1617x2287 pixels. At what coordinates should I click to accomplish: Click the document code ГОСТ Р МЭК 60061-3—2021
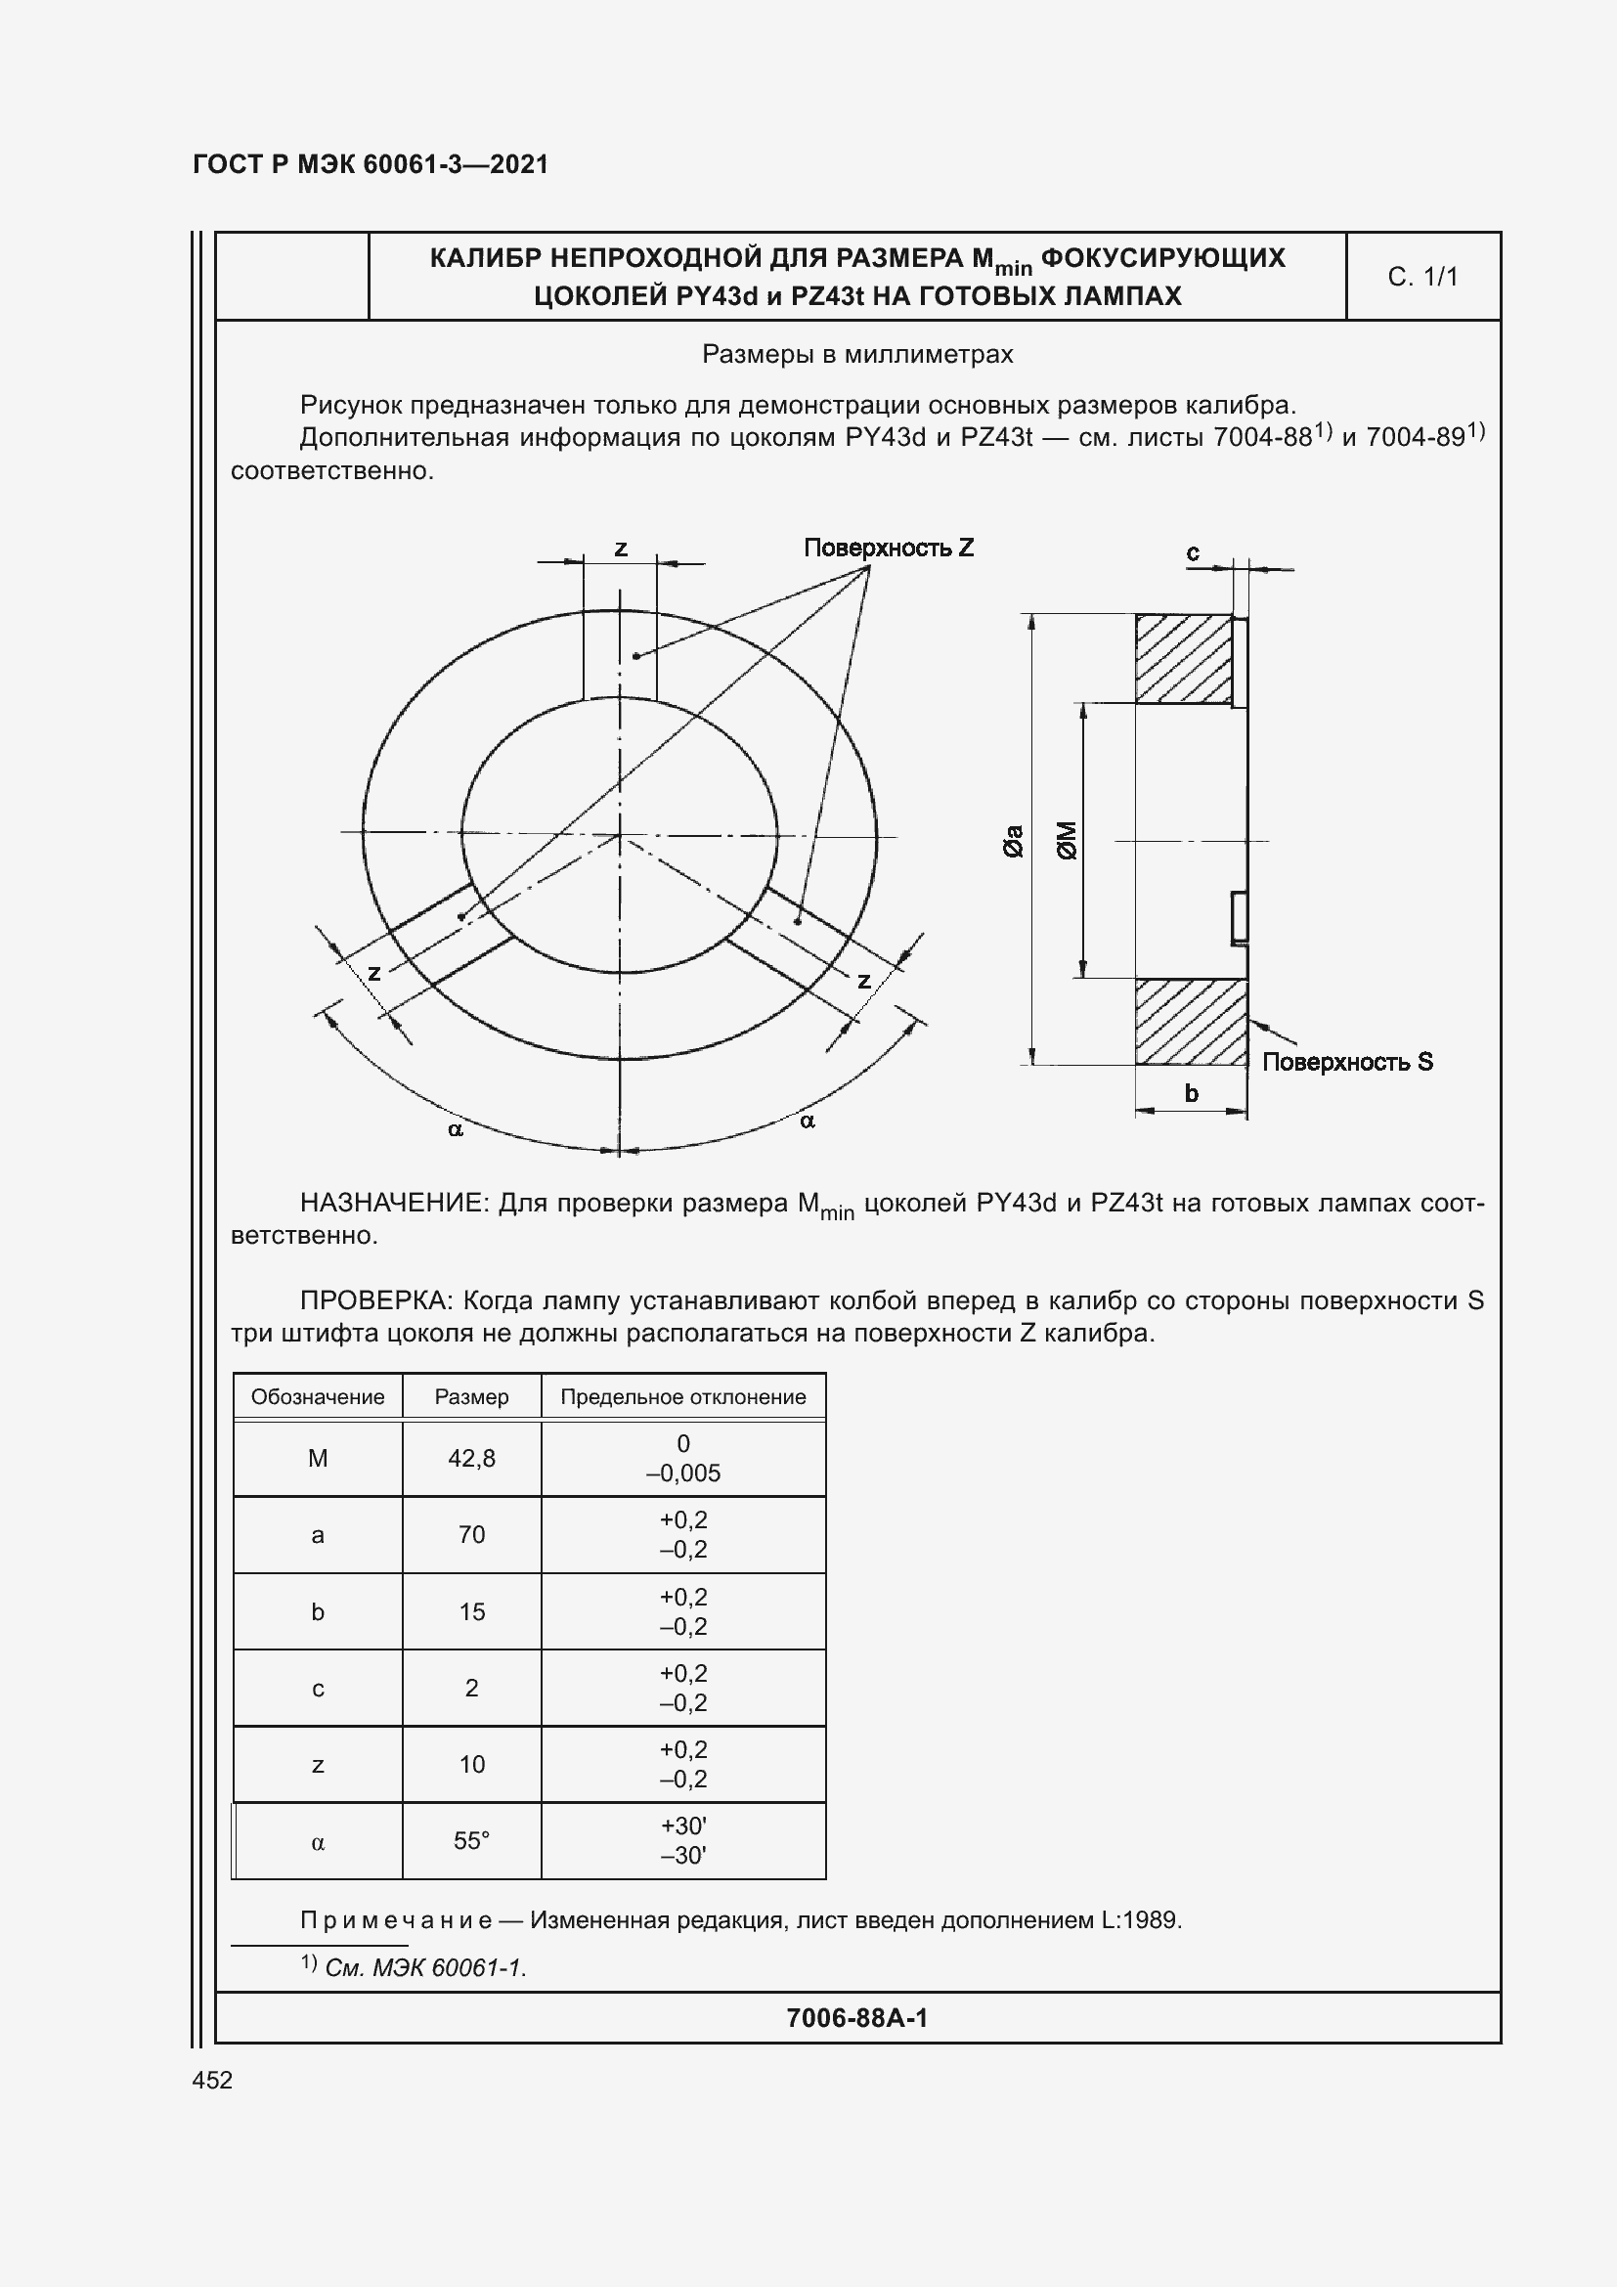(370, 164)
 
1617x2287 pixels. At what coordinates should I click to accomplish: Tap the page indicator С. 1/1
(1421, 276)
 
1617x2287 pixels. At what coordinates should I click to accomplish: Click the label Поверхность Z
(888, 547)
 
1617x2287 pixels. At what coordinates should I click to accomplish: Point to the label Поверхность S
(1347, 1062)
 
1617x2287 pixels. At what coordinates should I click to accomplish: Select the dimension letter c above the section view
(1193, 551)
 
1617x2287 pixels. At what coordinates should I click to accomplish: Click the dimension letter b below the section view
(1191, 1093)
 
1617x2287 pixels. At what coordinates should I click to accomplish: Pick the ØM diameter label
(1067, 840)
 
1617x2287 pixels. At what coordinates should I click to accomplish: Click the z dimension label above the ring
(621, 548)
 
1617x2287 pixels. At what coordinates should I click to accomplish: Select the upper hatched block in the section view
(1184, 658)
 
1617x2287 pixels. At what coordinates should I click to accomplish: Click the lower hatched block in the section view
(1190, 1021)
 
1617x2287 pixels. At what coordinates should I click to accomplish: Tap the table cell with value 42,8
(471, 1458)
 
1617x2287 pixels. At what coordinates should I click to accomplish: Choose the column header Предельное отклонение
(682, 1396)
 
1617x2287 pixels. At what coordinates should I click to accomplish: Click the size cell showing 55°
(471, 1841)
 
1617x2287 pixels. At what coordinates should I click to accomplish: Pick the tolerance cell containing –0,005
(682, 1473)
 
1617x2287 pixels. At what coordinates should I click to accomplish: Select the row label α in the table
(318, 1842)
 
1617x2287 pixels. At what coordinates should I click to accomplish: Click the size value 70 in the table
(471, 1534)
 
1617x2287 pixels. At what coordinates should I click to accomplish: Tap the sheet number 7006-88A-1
(856, 2018)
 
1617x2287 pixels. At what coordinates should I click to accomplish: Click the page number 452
(212, 2080)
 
